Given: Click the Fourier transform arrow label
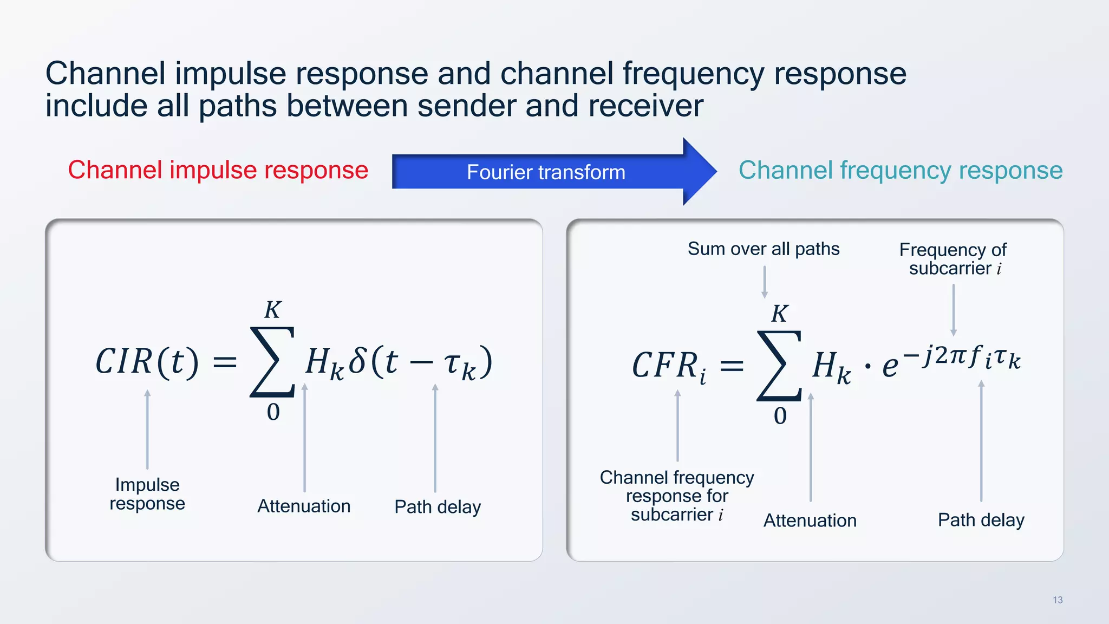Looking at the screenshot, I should click(x=546, y=172).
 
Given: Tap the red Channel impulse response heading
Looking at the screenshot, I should click(x=218, y=170).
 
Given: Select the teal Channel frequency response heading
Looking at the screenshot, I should click(x=900, y=170).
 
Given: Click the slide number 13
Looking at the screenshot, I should click(x=1058, y=600).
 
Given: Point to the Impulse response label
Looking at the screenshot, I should click(x=147, y=493).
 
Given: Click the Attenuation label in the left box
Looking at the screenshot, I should click(x=304, y=506).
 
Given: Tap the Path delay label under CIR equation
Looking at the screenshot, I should click(x=438, y=506).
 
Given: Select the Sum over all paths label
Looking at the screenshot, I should click(x=764, y=249).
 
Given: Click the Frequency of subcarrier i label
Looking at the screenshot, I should click(x=953, y=259).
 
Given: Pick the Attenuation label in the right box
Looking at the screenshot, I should click(x=810, y=520).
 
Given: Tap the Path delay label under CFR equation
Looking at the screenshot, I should click(x=981, y=519).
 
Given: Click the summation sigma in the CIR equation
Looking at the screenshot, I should click(x=272, y=362).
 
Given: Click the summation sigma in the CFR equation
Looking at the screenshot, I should click(x=779, y=366).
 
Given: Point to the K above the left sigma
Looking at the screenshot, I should click(x=272, y=310).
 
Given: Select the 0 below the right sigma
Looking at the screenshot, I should click(x=780, y=416).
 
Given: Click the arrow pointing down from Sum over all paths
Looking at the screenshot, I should click(x=764, y=282).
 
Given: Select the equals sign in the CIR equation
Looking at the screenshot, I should click(x=225, y=362).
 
